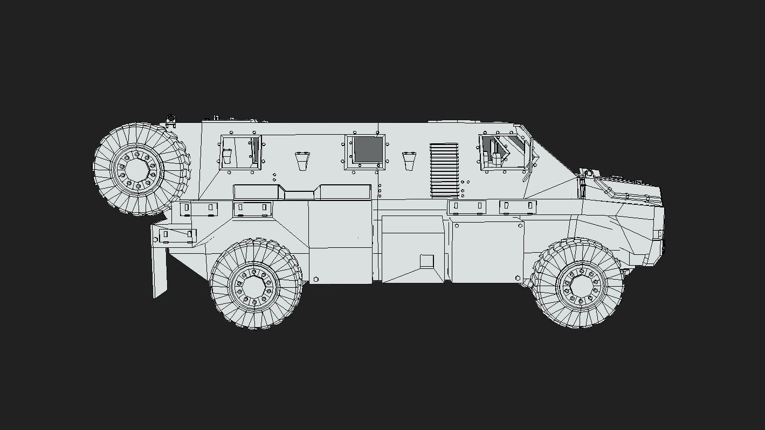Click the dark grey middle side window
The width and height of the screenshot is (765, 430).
pos(368,149)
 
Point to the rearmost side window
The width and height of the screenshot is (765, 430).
pos(240,150)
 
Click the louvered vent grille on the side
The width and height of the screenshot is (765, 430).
pos(444,170)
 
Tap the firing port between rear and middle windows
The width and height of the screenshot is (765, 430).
pos(302,160)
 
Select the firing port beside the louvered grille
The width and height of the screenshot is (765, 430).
pos(409,160)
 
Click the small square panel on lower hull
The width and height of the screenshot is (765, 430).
pos(426,261)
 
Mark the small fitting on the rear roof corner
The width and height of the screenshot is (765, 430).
pos(171,120)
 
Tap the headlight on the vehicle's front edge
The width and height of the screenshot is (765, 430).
pos(661,234)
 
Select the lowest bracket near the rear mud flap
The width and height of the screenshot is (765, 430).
pos(177,235)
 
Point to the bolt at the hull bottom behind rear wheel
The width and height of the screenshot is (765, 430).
pos(315,279)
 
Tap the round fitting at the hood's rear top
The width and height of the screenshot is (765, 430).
pos(589,173)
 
